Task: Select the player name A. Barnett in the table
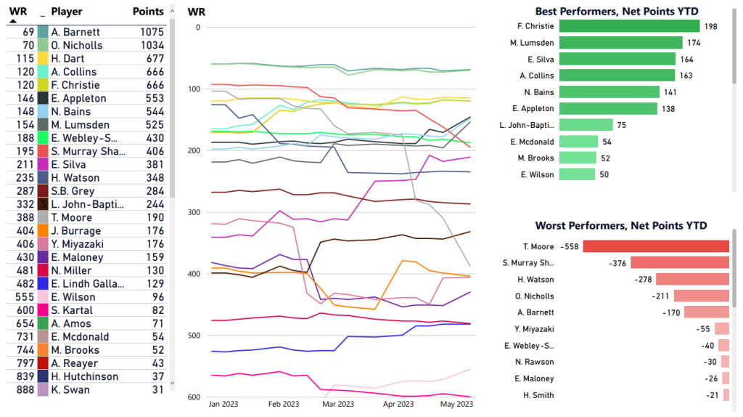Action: pyautogui.click(x=75, y=32)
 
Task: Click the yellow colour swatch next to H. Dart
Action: pyautogui.click(x=43, y=59)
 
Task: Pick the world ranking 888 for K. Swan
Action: pyautogui.click(x=24, y=390)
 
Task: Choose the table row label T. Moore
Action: pyautogui.click(x=72, y=218)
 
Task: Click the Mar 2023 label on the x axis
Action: pyautogui.click(x=337, y=403)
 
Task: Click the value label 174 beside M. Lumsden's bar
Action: pyautogui.click(x=694, y=43)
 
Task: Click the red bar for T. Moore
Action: pyautogui.click(x=656, y=247)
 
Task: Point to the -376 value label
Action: pyautogui.click(x=618, y=263)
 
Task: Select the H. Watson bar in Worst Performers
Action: pyautogui.click(x=692, y=280)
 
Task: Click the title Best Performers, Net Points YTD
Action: pyautogui.click(x=620, y=11)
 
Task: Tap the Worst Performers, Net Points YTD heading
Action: pyautogui.click(x=620, y=226)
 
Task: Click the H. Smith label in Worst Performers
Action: pyautogui.click(x=538, y=395)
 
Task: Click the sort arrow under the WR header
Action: pyautogui.click(x=12, y=21)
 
